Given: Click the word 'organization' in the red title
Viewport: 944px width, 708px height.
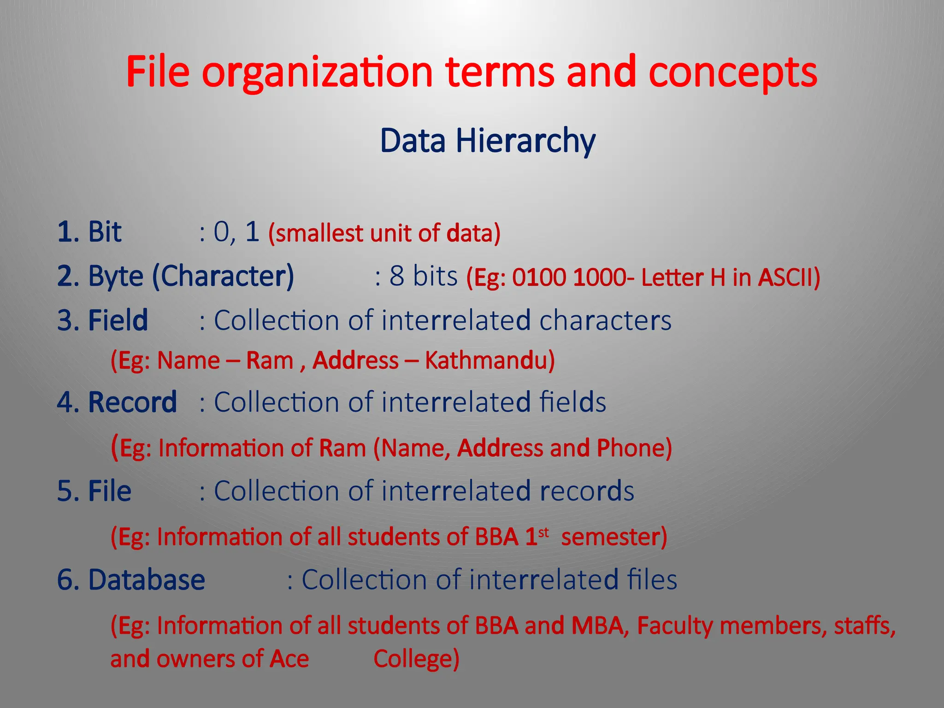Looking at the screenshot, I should (317, 73).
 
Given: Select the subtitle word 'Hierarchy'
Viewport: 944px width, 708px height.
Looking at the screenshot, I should (525, 141).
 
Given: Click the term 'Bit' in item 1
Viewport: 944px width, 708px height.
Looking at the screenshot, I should (105, 231).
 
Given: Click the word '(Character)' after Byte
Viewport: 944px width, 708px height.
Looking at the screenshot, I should (223, 277).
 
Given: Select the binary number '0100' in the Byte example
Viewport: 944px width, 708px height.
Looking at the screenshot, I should (539, 277).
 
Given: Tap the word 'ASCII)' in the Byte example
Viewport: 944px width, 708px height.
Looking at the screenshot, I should (789, 277).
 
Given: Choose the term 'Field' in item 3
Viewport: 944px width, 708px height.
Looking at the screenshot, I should (118, 320).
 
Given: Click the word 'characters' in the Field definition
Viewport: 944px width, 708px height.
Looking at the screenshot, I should (605, 320).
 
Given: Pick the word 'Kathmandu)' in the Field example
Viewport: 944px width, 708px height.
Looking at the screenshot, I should (490, 360).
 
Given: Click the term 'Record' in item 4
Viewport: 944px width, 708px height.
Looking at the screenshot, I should (132, 402).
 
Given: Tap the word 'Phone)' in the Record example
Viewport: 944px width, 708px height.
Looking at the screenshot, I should (634, 448).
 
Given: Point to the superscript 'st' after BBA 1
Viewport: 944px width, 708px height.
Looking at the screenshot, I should (544, 533).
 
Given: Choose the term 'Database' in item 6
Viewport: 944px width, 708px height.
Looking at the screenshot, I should (147, 580).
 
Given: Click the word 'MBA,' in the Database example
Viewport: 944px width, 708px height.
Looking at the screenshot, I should (600, 626).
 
